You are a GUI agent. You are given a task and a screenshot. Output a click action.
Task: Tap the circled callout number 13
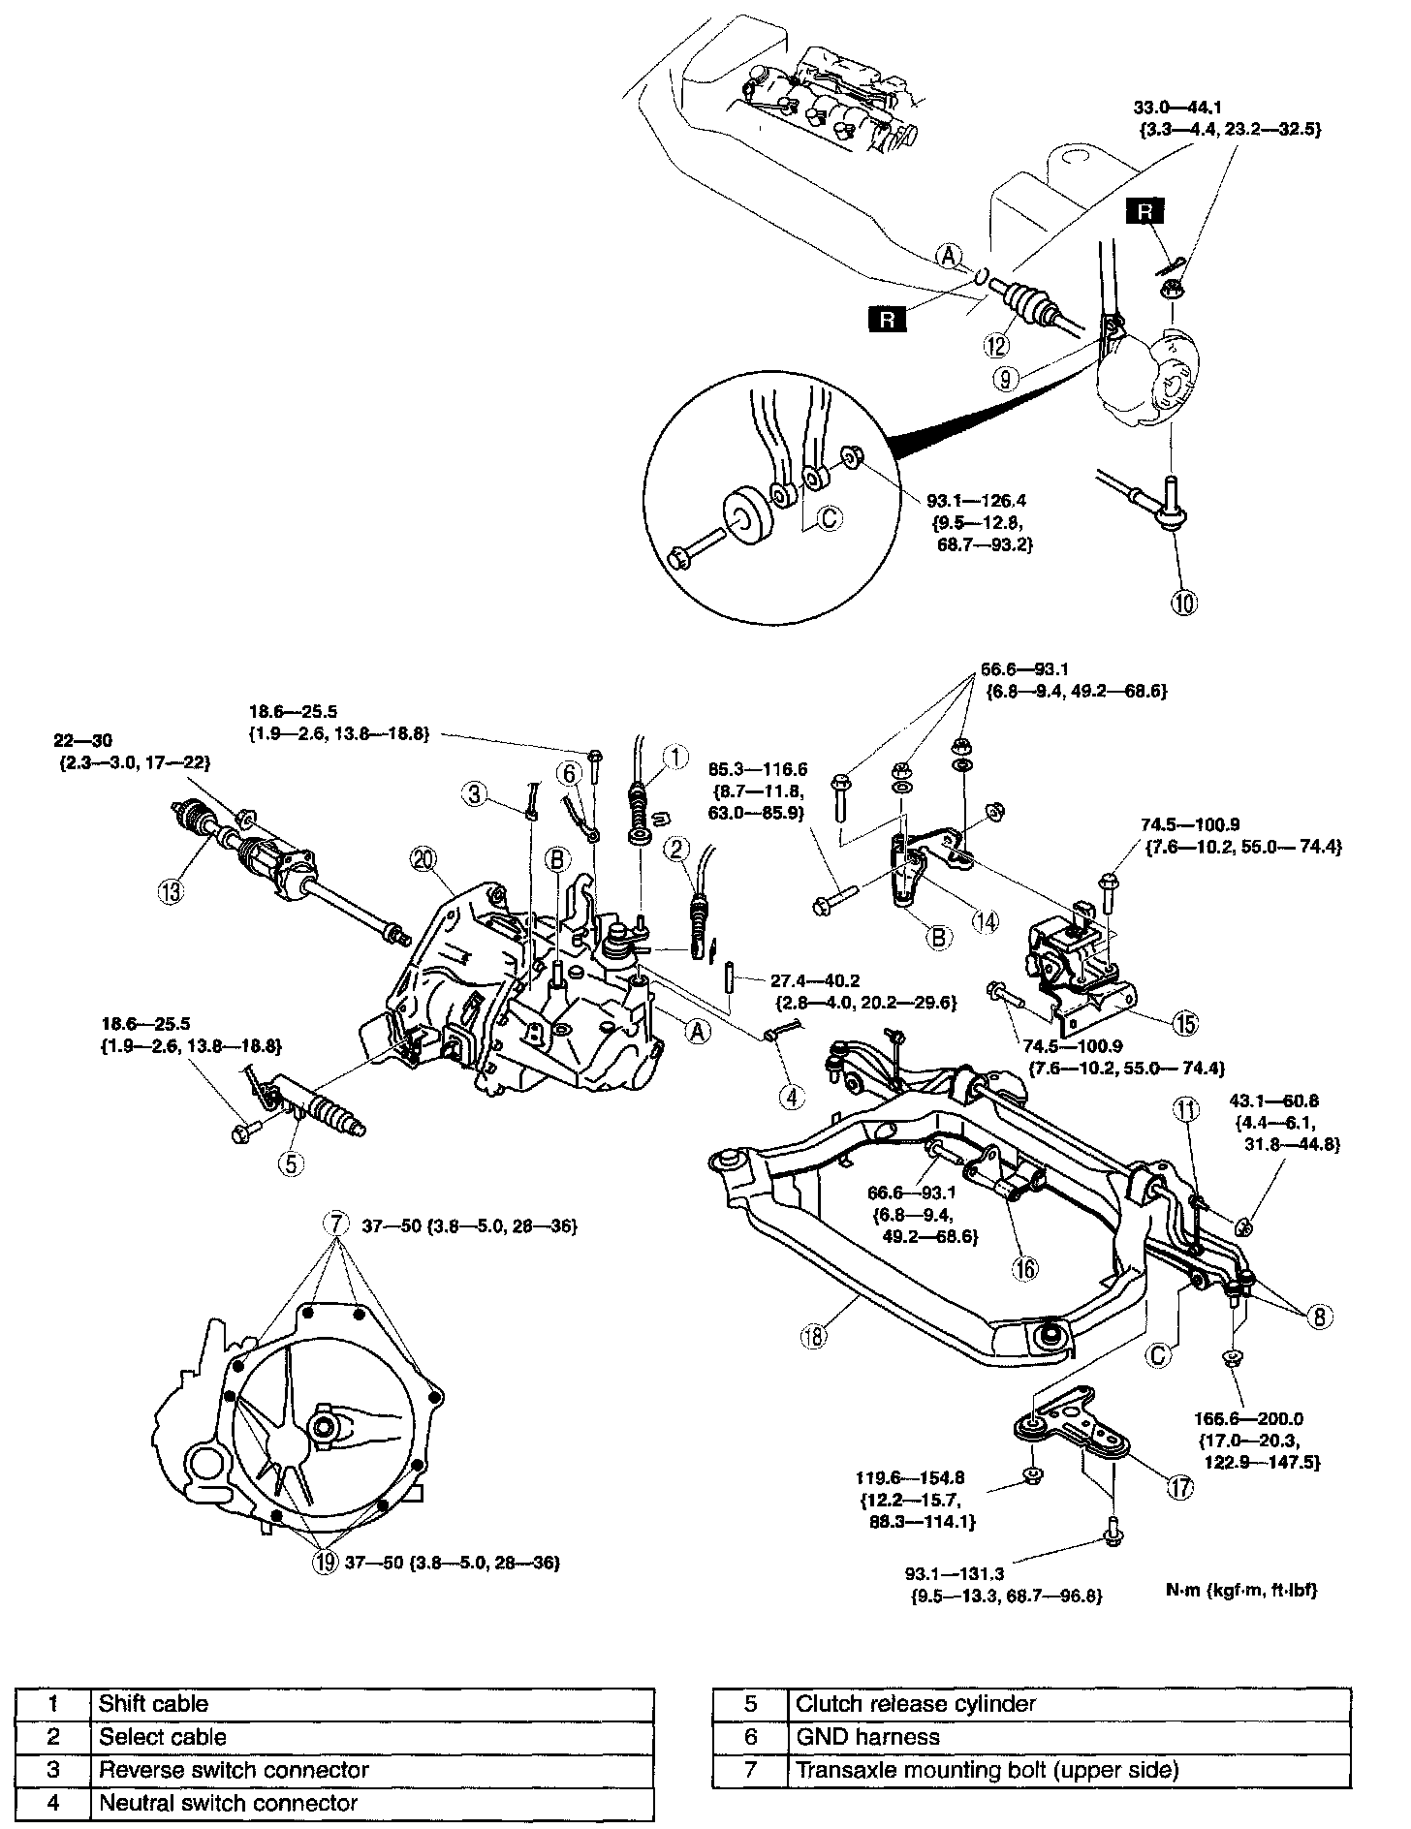(x=172, y=891)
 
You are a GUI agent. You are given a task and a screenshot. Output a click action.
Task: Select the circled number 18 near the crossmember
(x=813, y=1336)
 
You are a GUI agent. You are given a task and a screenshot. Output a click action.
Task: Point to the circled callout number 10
(x=1185, y=602)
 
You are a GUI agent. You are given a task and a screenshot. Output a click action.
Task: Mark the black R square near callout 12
(x=886, y=319)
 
